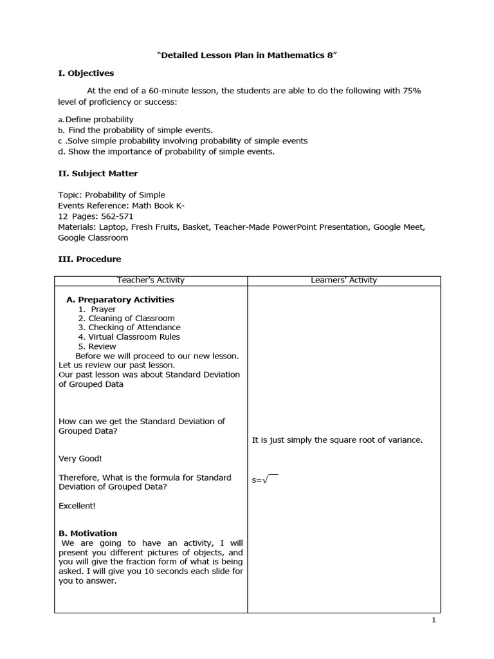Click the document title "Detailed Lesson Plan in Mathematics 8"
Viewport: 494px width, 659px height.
[247, 56]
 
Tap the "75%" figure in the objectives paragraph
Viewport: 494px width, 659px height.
[412, 91]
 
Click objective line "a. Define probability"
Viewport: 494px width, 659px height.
[96, 119]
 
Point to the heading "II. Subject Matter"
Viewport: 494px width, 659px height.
[98, 173]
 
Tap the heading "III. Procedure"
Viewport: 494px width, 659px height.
[89, 259]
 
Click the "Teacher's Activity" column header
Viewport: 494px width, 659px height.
[151, 280]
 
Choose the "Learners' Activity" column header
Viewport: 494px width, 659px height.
[343, 280]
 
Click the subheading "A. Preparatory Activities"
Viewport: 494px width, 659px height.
[120, 299]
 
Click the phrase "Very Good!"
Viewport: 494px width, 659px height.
[80, 458]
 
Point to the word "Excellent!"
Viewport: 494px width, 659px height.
[77, 506]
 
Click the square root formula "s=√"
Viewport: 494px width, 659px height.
[264, 479]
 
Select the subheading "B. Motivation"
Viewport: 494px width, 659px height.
[88, 533]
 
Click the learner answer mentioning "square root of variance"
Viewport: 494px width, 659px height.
[337, 440]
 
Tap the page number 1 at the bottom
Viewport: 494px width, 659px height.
[434, 620]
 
